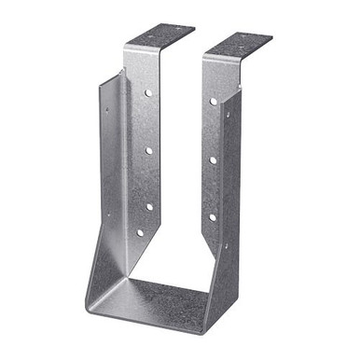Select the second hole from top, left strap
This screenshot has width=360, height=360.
coord(147,149)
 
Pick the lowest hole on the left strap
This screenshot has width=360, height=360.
coord(141,232)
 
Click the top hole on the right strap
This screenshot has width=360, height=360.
coord(214,101)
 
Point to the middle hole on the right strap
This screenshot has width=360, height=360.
coord(213,159)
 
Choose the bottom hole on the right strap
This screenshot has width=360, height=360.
coord(213,217)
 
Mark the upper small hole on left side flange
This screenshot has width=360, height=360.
coord(105,109)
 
